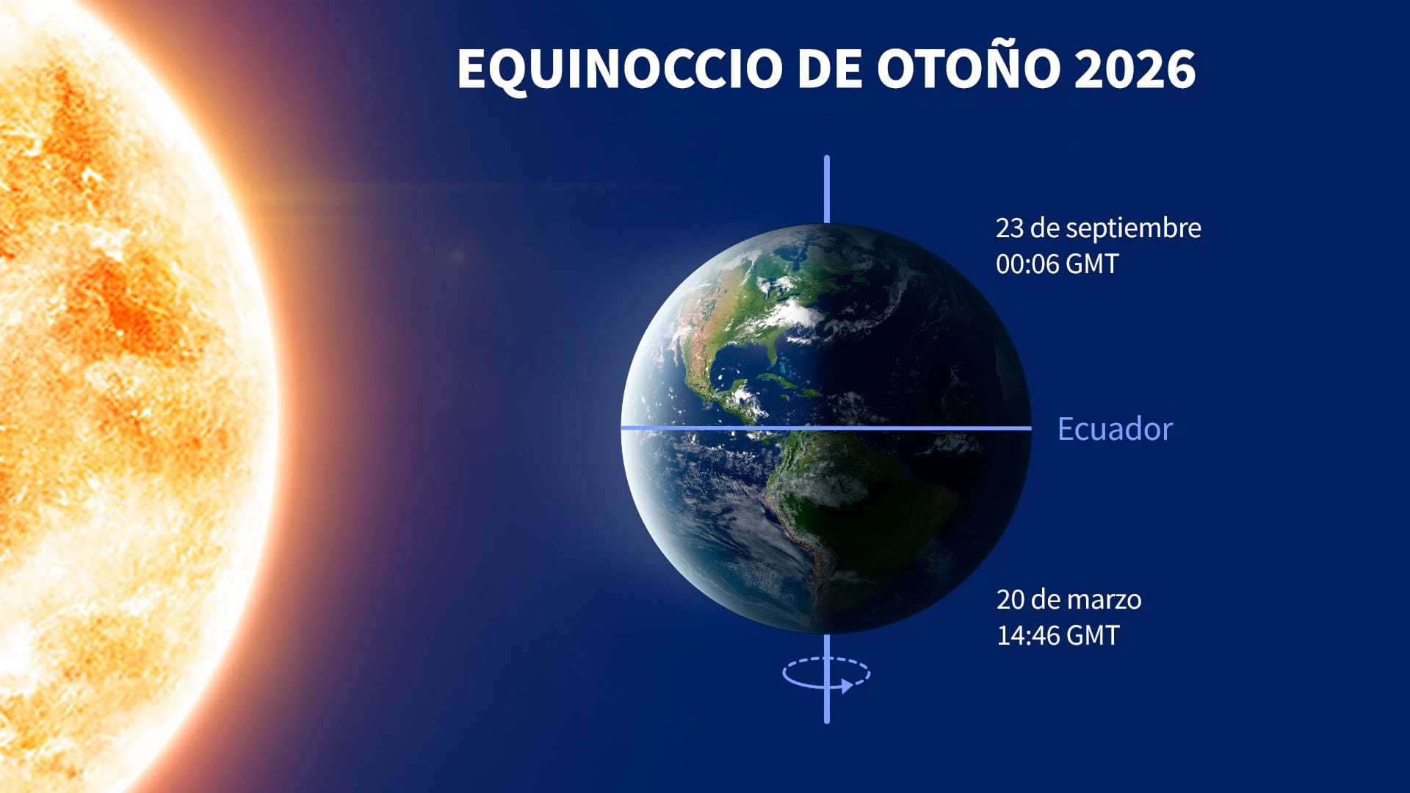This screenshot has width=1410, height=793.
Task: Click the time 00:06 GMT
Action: tap(1057, 264)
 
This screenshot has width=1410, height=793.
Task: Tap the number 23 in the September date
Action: tap(1009, 228)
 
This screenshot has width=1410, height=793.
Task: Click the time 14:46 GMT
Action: tap(1057, 635)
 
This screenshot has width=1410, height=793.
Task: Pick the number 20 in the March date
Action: tap(1010, 600)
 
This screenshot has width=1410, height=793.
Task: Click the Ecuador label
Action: tap(1115, 429)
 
